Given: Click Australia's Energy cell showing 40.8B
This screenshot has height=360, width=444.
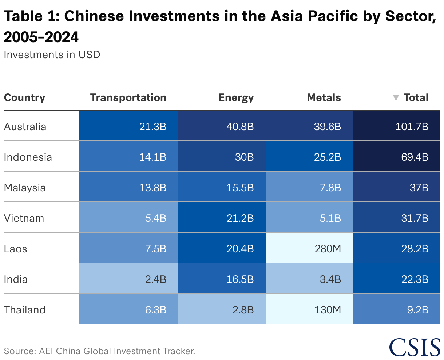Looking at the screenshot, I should pos(222,126).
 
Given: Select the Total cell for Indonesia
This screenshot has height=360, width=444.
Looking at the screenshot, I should pos(397,157).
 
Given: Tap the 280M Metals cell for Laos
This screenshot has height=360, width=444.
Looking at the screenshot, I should pos(309,248).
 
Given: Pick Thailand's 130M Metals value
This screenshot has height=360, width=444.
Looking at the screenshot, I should pos(309,309).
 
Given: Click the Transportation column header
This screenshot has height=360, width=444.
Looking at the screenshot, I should pos(128,97).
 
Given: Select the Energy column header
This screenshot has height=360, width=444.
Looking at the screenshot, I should pos(236,97).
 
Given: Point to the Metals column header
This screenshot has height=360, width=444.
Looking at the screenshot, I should pos(324,97).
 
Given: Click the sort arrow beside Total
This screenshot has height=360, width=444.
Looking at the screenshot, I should pos(396,98).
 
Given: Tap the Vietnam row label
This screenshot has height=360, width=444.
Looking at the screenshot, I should pos(24,218).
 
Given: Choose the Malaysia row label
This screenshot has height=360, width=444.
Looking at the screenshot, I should pos(25,188).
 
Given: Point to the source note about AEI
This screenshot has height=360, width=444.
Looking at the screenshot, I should pos(99,351).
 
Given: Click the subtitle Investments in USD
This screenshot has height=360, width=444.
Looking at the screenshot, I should pos(52,55).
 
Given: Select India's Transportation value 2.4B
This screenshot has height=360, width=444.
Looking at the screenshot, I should pos(128,279).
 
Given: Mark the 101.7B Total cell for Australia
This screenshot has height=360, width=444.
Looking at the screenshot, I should pos(397,126).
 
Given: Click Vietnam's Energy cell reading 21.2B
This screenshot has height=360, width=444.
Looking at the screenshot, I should pos(222,218).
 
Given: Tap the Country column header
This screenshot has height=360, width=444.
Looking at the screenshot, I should pos(24,97).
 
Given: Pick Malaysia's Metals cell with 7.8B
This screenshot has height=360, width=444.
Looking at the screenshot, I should pos(309,187).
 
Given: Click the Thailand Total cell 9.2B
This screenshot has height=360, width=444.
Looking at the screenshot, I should pos(397,309).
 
